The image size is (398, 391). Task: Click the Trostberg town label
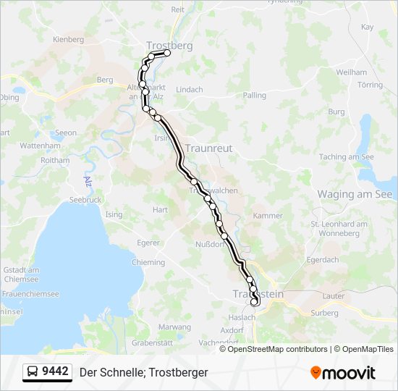169,45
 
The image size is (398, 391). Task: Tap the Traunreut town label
208,148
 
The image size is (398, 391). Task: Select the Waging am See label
355,194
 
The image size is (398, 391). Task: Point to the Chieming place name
149,262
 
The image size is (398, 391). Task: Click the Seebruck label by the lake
85,199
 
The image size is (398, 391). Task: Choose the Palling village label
255,95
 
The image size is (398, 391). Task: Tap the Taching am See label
347,156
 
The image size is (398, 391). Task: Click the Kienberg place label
69,39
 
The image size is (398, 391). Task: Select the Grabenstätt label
151,342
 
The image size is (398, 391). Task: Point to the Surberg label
325,313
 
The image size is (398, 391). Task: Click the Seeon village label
65,133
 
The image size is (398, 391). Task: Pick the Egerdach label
323,259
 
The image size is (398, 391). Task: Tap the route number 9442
56,371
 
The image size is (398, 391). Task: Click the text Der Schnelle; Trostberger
143,372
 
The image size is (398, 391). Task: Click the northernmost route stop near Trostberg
167,53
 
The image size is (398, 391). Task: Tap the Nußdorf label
211,244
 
